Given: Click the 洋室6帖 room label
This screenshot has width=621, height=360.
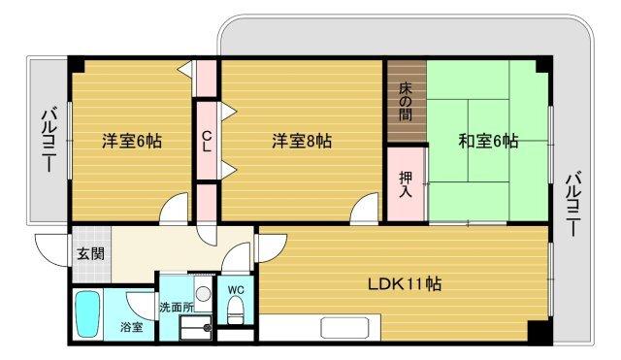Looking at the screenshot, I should click(x=133, y=142).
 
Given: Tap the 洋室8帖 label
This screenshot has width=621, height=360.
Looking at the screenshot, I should click(x=301, y=142).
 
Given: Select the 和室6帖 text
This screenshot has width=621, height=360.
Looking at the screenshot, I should click(x=488, y=142).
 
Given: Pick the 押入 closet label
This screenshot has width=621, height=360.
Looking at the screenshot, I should click(x=406, y=183).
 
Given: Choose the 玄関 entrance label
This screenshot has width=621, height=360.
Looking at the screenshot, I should click(x=92, y=254).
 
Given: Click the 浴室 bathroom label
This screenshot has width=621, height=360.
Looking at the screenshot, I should click(x=131, y=327).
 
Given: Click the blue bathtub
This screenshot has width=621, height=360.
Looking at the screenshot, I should click(x=89, y=312).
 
